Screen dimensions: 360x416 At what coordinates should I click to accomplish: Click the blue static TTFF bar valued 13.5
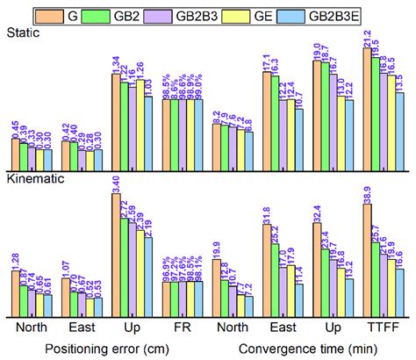click(401, 129)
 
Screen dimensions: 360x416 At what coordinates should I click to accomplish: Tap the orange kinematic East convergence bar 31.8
click(267, 271)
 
